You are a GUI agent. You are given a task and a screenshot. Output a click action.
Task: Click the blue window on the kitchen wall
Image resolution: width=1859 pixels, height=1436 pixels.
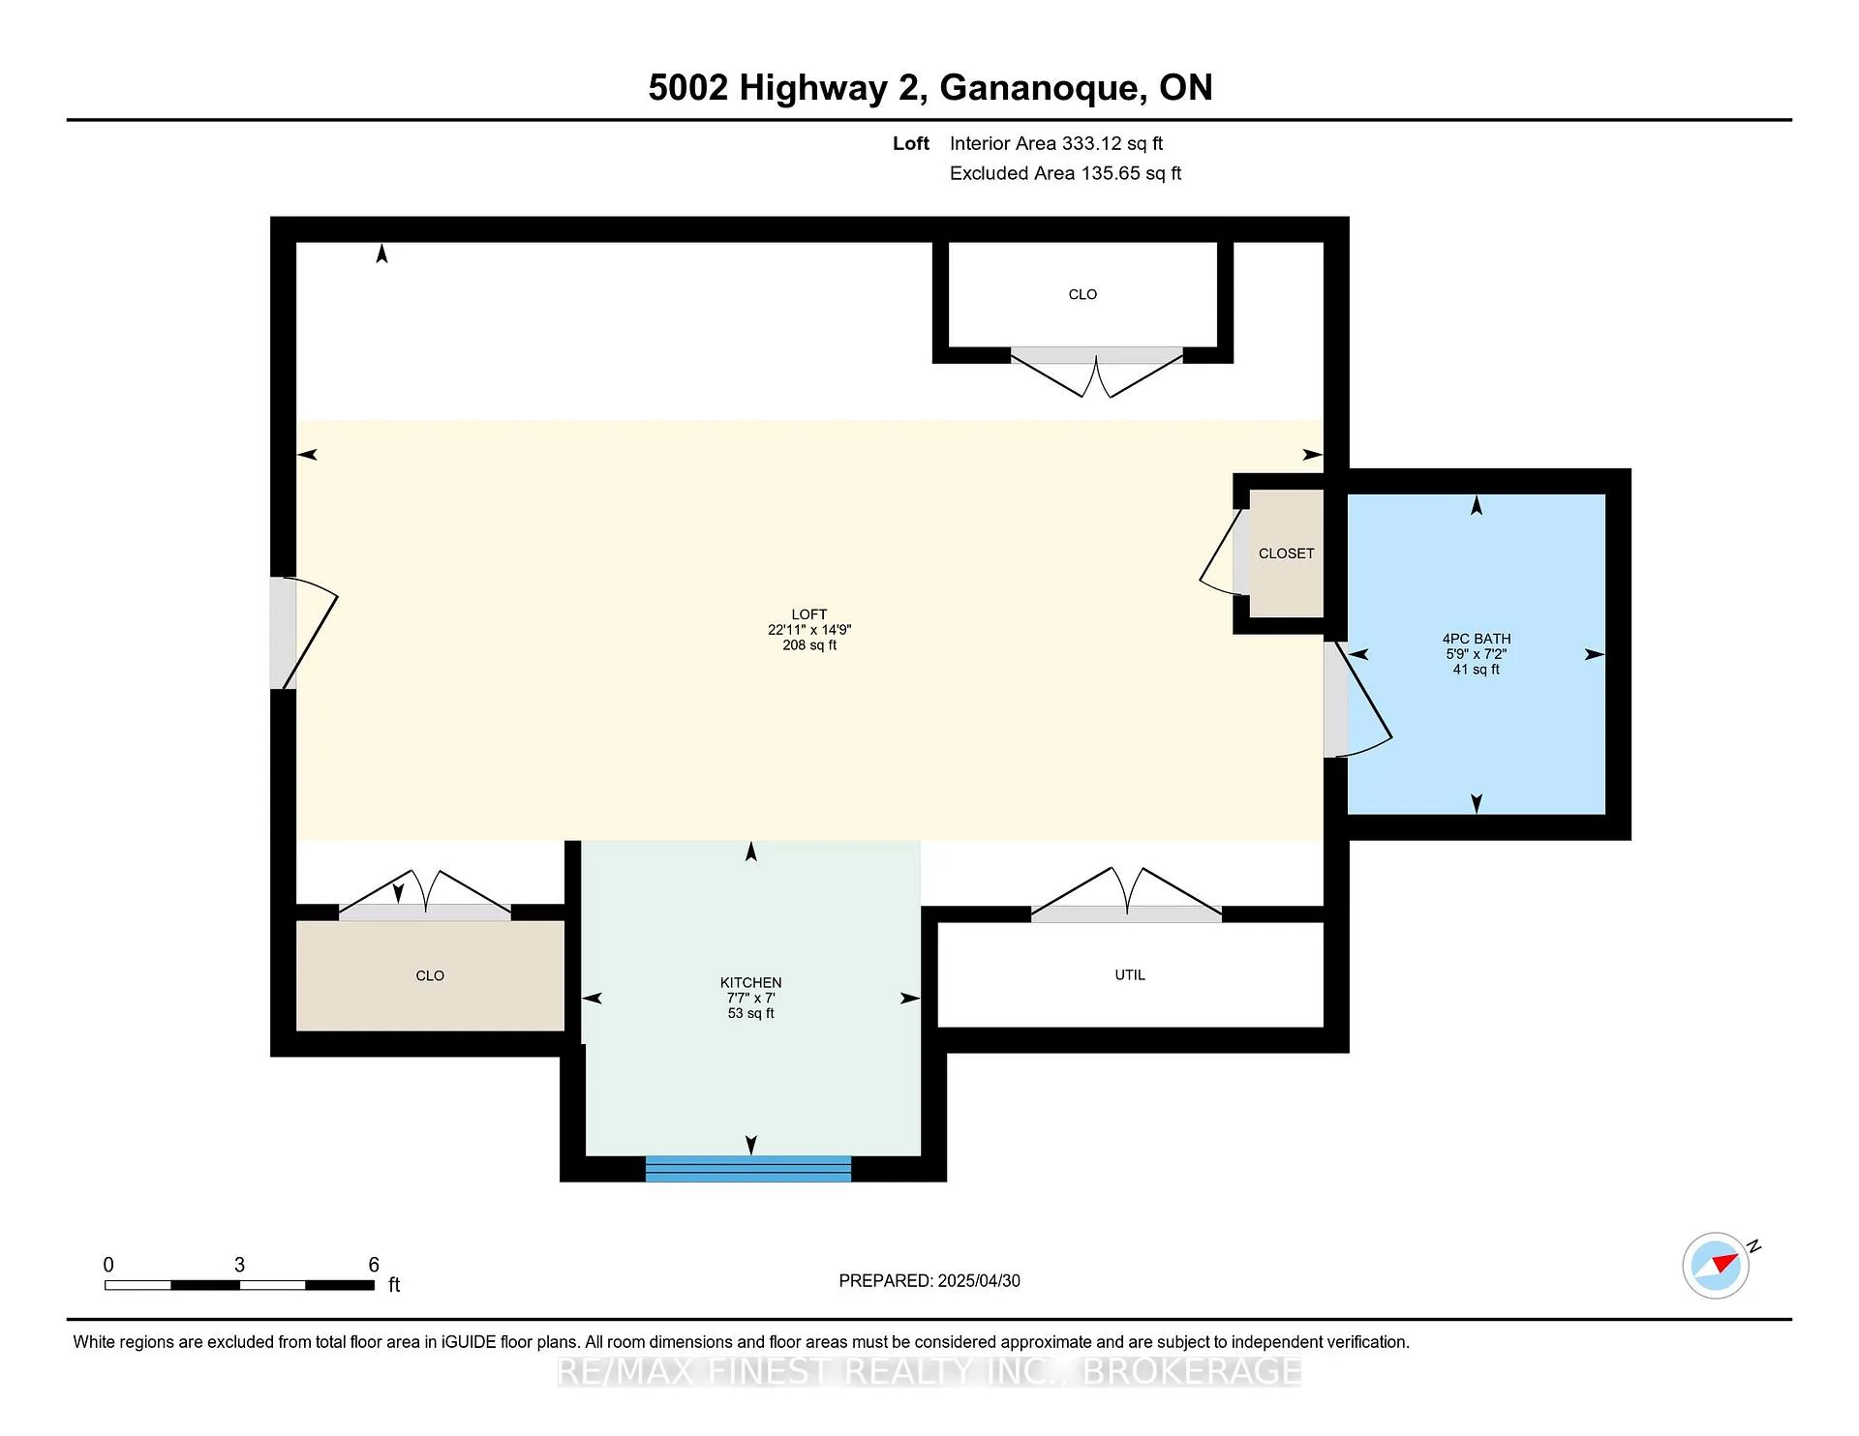click(x=748, y=1168)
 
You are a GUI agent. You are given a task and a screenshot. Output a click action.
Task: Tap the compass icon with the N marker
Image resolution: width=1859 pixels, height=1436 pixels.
click(x=1716, y=1265)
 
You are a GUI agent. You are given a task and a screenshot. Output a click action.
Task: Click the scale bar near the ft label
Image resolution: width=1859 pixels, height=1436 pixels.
click(x=239, y=1285)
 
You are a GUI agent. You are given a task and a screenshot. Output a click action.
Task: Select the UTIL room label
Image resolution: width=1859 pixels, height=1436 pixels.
click(x=1130, y=975)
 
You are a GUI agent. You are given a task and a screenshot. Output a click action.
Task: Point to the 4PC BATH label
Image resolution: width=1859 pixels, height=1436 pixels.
click(x=1477, y=639)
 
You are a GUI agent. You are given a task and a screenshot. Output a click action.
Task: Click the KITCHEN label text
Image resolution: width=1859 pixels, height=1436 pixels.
click(x=751, y=982)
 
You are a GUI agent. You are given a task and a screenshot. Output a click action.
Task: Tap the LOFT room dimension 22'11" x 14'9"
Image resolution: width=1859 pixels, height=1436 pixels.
click(x=809, y=630)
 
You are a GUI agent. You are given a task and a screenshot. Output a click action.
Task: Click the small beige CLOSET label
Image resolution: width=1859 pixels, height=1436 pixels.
click(x=1287, y=553)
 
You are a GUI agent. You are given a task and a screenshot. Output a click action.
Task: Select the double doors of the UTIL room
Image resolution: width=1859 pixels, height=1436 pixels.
click(x=1127, y=891)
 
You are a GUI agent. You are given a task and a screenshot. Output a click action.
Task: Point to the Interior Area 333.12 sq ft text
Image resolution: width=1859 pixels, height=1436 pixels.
click(x=1056, y=143)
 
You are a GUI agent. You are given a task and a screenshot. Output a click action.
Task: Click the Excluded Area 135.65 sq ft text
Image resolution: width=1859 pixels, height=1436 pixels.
click(x=1065, y=173)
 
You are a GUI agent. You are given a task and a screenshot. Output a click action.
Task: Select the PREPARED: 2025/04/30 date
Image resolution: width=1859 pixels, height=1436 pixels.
click(x=929, y=1280)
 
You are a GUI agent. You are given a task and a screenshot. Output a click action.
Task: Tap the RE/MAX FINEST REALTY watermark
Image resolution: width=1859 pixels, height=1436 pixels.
click(x=929, y=1371)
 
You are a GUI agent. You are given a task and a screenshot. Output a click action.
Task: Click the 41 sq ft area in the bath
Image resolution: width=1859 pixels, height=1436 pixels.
click(x=1477, y=670)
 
